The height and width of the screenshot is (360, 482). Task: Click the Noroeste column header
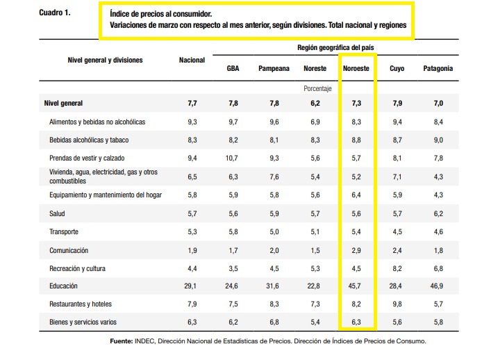point(356,68)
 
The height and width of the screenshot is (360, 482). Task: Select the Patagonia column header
point(438,68)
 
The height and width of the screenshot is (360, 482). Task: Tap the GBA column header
point(233,68)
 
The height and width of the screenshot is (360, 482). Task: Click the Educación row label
point(63,286)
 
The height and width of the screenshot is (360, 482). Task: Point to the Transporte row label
point(64,231)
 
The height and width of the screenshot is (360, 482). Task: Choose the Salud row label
point(57,213)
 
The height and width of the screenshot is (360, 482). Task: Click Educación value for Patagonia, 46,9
point(437,286)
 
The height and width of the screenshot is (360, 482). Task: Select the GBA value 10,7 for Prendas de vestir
point(231,158)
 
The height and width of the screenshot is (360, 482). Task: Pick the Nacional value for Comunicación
point(192,250)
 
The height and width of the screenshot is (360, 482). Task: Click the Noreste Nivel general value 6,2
point(315,104)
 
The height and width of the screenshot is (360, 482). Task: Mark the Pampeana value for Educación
point(273,286)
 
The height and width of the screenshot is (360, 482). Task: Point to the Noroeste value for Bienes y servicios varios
point(356,322)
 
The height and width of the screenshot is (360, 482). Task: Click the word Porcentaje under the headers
point(317,89)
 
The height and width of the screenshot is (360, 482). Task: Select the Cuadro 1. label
point(55,13)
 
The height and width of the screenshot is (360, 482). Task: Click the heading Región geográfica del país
point(335,48)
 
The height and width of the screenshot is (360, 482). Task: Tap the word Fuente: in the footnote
point(122,341)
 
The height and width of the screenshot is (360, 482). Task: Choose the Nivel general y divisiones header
point(105,60)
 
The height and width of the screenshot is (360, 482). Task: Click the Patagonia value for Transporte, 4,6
point(438,231)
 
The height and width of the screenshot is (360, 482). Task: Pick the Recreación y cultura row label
point(78,269)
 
